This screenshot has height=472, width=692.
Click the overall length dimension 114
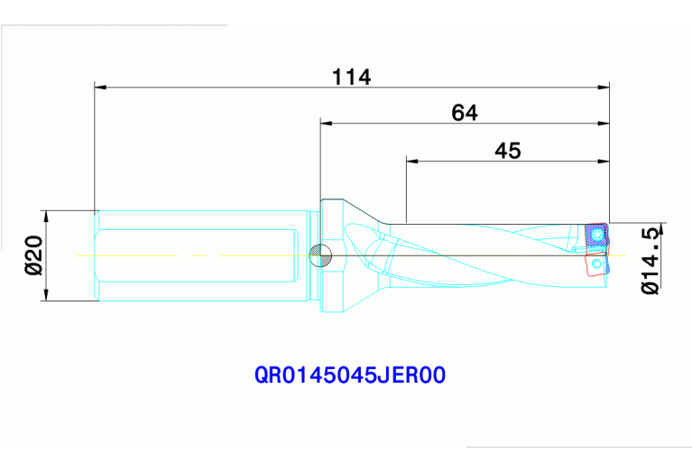click(x=351, y=77)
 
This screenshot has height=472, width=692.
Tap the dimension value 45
click(x=508, y=151)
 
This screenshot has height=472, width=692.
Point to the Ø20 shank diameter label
click(x=34, y=255)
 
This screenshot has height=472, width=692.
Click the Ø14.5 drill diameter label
click(x=649, y=260)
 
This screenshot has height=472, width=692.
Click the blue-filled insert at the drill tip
click(x=596, y=236)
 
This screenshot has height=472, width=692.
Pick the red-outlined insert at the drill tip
click(x=596, y=264)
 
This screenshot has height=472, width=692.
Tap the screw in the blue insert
click(x=597, y=236)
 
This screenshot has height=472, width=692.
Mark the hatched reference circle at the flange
click(x=317, y=256)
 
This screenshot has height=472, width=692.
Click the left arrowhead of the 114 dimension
click(x=100, y=88)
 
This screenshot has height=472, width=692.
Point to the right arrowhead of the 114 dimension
click(x=604, y=88)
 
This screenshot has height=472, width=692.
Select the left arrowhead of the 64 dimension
click(x=327, y=123)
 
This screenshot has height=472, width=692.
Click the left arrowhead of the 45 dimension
click(x=412, y=162)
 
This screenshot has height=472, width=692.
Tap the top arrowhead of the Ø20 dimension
click(x=46, y=217)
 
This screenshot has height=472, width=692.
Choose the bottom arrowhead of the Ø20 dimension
click(x=46, y=294)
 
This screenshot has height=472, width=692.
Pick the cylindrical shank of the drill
click(x=198, y=255)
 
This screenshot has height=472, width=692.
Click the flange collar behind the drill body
click(x=330, y=255)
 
